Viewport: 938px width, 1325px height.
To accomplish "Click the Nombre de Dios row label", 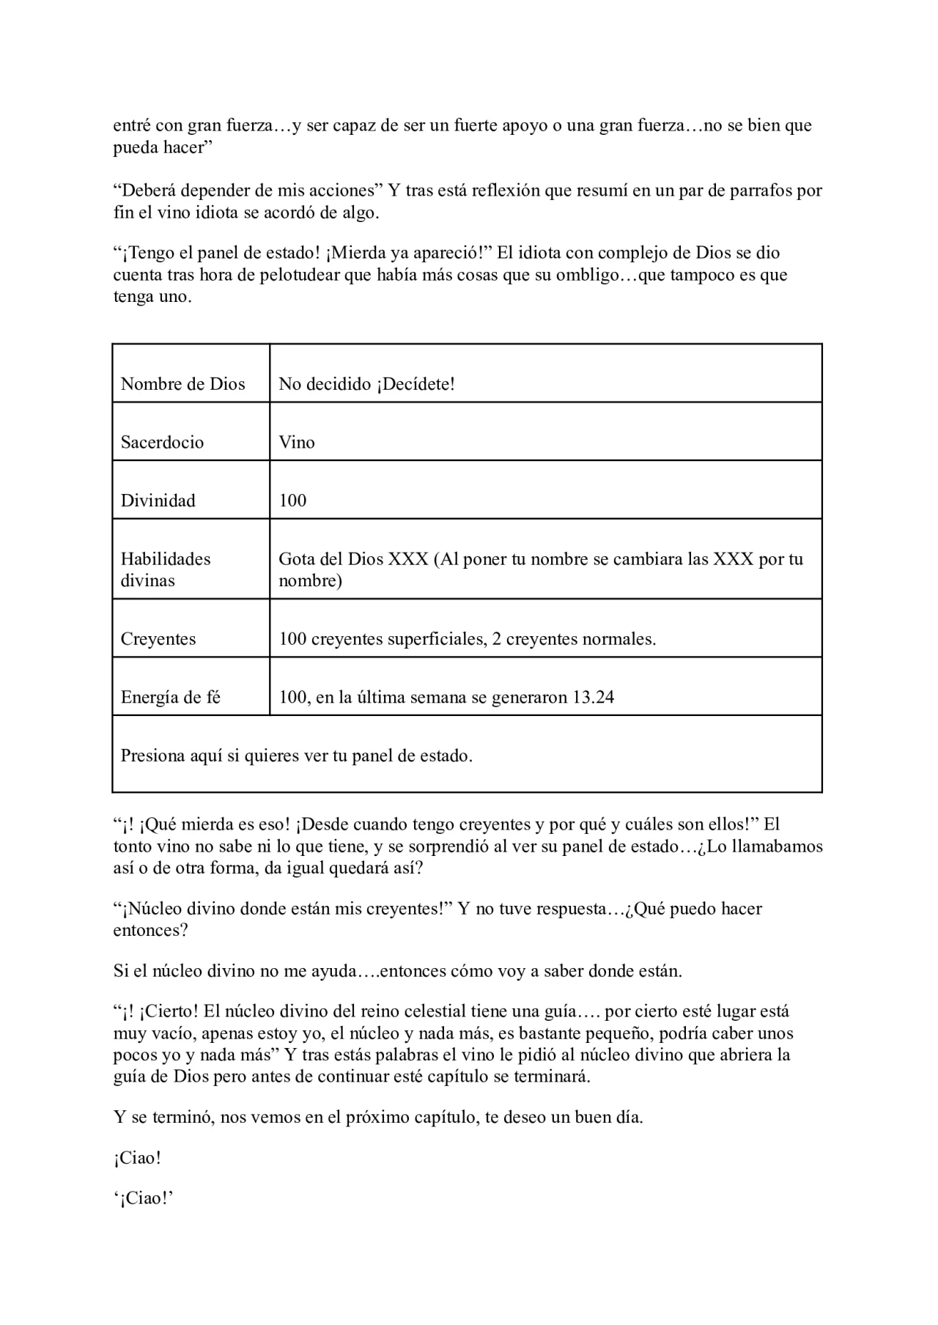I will click(x=182, y=384).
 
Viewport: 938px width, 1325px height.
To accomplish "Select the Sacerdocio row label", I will click(x=162, y=442).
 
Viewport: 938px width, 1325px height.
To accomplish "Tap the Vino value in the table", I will click(x=297, y=442).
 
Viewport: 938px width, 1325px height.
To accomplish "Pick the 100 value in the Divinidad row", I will click(x=292, y=501).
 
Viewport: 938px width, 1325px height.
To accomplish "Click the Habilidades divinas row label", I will click(x=165, y=569).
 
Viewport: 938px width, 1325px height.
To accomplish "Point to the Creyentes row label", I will click(x=158, y=638).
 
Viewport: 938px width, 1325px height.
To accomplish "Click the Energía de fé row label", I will click(x=170, y=697).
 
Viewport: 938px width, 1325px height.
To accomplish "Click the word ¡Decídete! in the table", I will click(x=416, y=384).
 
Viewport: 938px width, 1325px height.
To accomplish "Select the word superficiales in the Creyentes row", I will click(x=429, y=638).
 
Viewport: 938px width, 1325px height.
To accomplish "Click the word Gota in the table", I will click(x=296, y=559).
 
